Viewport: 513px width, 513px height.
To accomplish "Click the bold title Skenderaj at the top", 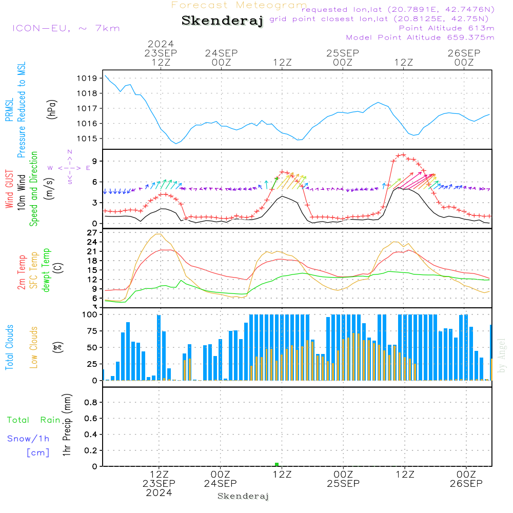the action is tap(222, 21).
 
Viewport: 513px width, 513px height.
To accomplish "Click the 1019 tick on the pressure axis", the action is tap(87, 78).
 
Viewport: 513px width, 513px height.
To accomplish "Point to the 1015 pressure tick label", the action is tap(87, 139).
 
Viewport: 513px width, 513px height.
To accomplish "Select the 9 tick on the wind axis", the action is tap(94, 161).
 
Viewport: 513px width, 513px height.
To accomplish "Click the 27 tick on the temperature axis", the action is tap(92, 232).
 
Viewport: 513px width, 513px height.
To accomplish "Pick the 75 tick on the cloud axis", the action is tap(92, 331).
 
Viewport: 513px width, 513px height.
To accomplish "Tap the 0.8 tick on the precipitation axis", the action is tap(91, 402).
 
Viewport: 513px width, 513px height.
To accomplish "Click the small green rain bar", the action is tap(277, 465).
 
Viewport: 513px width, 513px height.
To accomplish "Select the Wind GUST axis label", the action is tap(9, 189).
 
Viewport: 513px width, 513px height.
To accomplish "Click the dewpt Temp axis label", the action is tap(46, 270).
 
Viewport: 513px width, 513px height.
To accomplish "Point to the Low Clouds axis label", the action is tap(34, 347).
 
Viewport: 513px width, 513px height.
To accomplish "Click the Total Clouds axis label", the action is tap(9, 347).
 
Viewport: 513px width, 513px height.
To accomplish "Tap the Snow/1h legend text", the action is tap(28, 439).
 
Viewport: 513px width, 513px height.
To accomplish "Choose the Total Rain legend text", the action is tap(34, 420).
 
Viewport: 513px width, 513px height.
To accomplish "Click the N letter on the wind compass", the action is tap(70, 152).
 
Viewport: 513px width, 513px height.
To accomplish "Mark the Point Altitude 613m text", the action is tap(447, 28).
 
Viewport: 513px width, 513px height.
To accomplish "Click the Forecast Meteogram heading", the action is tap(239, 5).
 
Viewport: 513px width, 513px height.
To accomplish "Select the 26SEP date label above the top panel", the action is tap(464, 53).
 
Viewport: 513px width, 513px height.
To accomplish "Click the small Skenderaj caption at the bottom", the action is tap(243, 496).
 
